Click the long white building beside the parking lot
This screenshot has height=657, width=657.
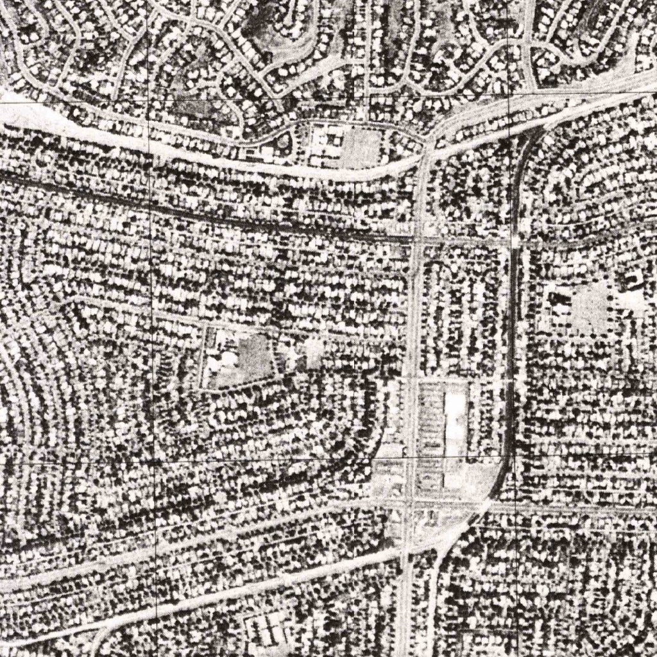[x=456, y=420]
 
